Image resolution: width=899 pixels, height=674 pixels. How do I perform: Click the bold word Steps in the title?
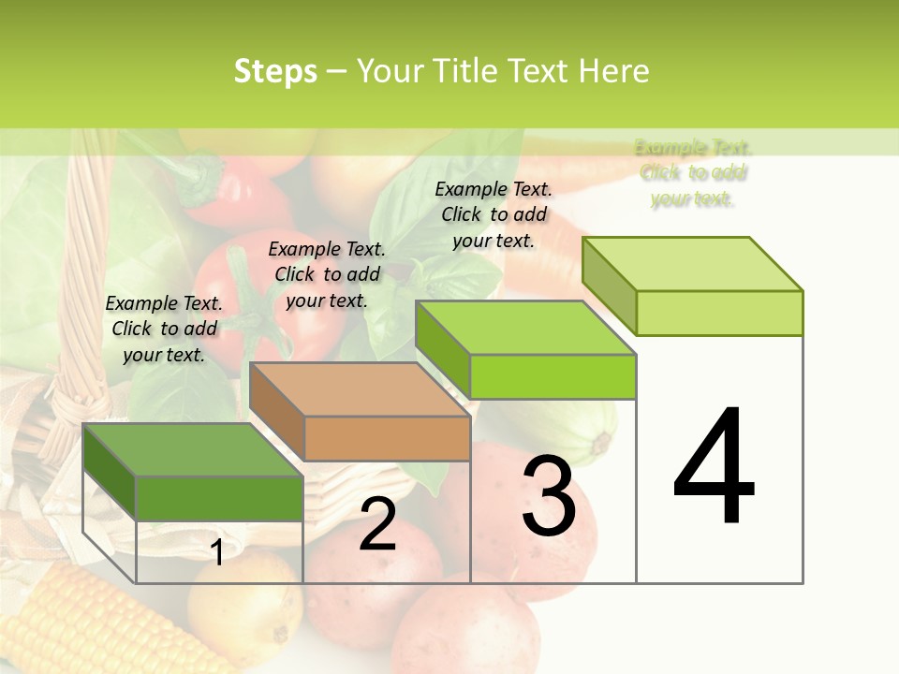tap(275, 71)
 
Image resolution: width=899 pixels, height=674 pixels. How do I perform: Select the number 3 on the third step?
tap(548, 496)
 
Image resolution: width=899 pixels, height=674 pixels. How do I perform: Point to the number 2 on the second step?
tap(377, 525)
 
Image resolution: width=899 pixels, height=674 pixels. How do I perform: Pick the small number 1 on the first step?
tap(217, 553)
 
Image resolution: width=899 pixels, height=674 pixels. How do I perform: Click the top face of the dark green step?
tap(192, 449)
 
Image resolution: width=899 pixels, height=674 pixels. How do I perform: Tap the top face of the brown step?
tap(361, 389)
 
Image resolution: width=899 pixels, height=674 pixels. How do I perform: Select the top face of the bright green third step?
tap(526, 328)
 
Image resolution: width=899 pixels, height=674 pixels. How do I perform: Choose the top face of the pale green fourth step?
tap(693, 264)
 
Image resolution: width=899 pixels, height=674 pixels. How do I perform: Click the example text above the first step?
tap(164, 329)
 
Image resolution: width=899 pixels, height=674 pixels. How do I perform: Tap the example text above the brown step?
tap(327, 274)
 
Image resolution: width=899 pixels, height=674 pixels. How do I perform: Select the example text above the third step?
tap(494, 214)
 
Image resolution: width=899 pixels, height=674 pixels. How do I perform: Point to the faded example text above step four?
tap(693, 173)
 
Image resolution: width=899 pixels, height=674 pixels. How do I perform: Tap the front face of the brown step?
tap(387, 438)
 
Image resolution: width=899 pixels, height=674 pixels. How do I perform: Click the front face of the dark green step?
tap(219, 498)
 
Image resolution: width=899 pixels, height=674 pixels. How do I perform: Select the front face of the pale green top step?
tap(719, 313)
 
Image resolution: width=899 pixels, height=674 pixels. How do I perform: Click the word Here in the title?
tap(613, 71)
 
